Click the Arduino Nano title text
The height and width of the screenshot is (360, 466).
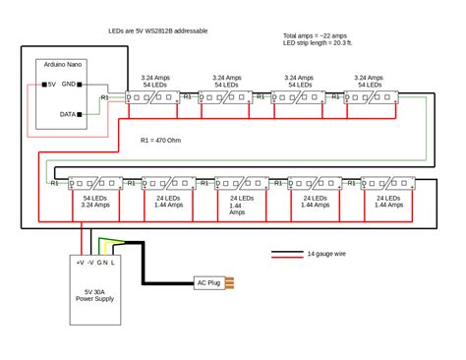(60, 65)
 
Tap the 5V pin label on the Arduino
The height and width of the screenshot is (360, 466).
(52, 85)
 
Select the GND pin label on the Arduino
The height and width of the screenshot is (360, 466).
(70, 85)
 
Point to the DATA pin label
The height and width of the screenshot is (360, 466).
(69, 114)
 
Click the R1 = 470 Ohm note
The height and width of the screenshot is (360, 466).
(161, 141)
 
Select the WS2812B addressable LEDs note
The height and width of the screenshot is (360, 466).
(159, 31)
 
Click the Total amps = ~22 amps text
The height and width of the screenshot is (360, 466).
(315, 34)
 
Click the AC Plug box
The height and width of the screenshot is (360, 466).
(208, 283)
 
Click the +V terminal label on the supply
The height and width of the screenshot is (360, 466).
(80, 263)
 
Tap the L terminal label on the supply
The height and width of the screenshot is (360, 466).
(114, 263)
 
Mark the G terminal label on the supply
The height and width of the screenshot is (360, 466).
(99, 263)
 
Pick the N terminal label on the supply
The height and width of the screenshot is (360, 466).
(106, 263)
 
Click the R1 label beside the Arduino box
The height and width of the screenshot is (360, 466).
(105, 97)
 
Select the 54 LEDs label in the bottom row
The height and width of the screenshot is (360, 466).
(94, 198)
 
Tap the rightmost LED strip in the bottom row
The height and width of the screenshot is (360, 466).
(389, 182)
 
